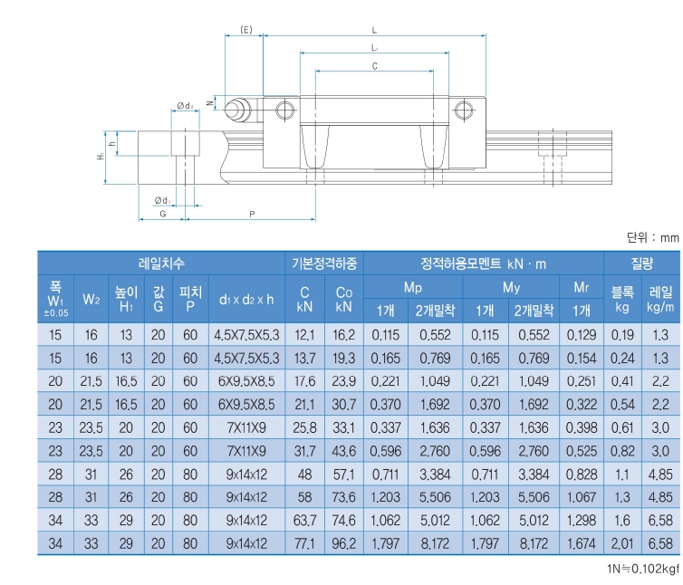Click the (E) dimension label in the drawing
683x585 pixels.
(245, 31)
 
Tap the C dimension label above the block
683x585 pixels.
(374, 65)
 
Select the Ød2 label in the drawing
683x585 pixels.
(185, 106)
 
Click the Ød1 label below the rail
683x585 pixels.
(162, 200)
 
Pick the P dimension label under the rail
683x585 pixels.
(251, 214)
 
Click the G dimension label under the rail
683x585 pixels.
(162, 214)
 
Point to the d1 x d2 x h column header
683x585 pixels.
(245, 299)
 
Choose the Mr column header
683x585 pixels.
(582, 288)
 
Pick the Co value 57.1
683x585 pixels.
(343, 474)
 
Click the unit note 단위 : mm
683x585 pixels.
(652, 238)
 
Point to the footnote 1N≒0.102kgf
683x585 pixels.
(642, 568)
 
